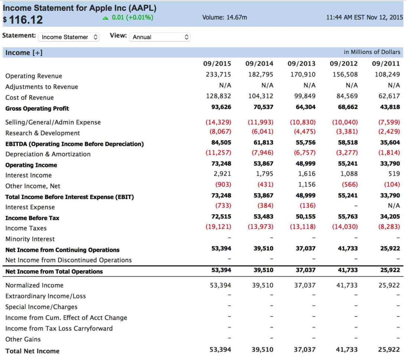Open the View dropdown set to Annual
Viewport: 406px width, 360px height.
point(159,37)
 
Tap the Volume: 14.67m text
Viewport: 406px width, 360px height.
point(224,17)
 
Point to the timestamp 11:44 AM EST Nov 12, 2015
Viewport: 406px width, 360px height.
point(364,17)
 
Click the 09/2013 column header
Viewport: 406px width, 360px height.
point(301,64)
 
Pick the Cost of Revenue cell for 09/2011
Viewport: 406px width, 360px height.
point(389,96)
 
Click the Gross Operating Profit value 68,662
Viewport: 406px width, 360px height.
point(347,107)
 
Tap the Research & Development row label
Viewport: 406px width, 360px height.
point(43,133)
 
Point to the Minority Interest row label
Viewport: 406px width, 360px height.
point(30,239)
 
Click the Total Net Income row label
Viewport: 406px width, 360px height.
point(32,351)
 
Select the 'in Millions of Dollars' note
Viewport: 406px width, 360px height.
point(372,52)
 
